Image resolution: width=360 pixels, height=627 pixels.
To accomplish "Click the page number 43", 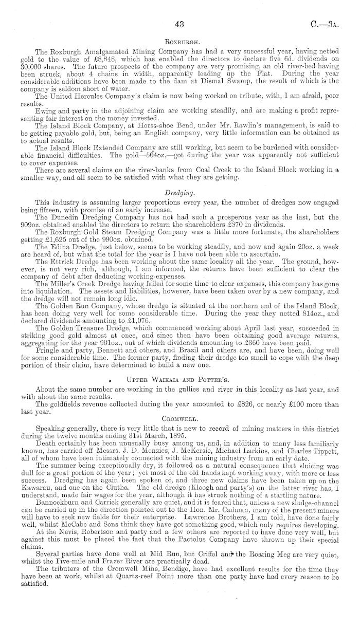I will [x=179, y=24].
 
